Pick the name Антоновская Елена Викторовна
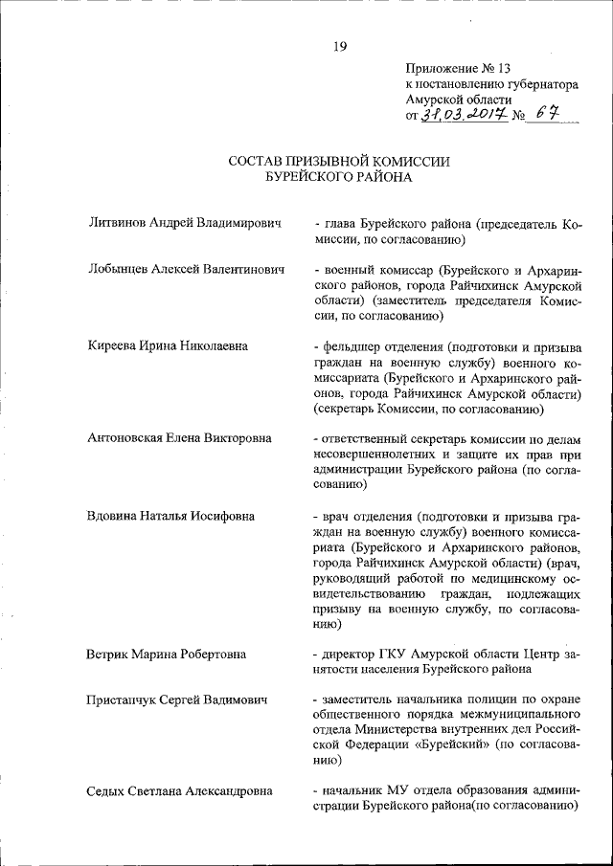(x=179, y=438)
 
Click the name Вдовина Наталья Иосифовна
(x=170, y=517)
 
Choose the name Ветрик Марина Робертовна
(x=167, y=655)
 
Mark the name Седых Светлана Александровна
(x=179, y=791)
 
